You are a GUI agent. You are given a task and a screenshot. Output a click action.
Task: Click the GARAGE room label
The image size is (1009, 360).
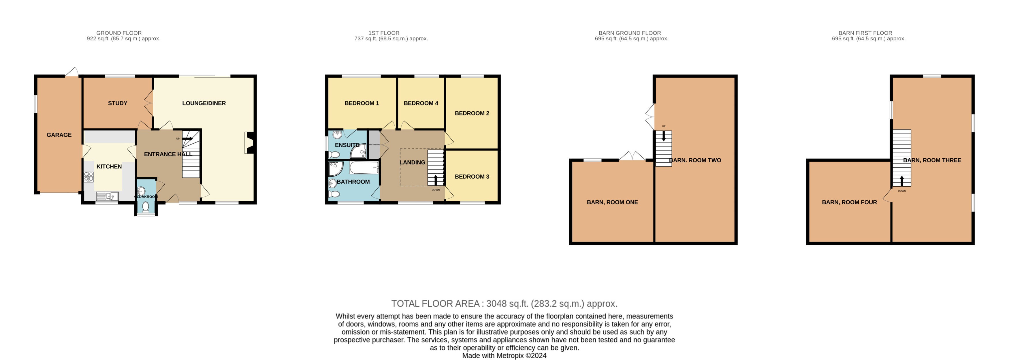point(59,135)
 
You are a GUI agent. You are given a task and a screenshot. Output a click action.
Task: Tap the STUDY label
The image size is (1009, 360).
point(118,103)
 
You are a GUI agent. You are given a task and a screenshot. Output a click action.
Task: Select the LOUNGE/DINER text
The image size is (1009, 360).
point(204,103)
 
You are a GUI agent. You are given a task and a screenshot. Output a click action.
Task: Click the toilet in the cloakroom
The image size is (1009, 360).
point(146,207)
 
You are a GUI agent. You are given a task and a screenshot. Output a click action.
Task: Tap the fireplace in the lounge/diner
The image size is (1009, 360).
point(249,142)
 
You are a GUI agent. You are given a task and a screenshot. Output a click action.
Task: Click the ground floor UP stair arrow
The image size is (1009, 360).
point(188,138)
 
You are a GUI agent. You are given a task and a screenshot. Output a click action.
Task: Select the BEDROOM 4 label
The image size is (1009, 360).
point(421,103)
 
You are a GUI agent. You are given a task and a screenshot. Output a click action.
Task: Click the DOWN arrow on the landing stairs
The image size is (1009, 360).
point(436,180)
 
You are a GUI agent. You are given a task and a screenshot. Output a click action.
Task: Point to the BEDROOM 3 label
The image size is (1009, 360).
point(472,177)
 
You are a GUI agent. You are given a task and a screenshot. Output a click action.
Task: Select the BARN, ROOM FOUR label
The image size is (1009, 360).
point(849,202)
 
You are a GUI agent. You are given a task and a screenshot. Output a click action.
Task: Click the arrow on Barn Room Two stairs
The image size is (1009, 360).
point(664,136)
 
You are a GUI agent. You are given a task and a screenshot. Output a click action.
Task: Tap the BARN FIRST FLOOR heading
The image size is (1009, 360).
point(865,33)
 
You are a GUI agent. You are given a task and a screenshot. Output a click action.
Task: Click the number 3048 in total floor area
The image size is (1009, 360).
point(496,303)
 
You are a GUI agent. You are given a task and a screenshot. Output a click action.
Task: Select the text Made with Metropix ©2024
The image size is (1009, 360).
point(504,356)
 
